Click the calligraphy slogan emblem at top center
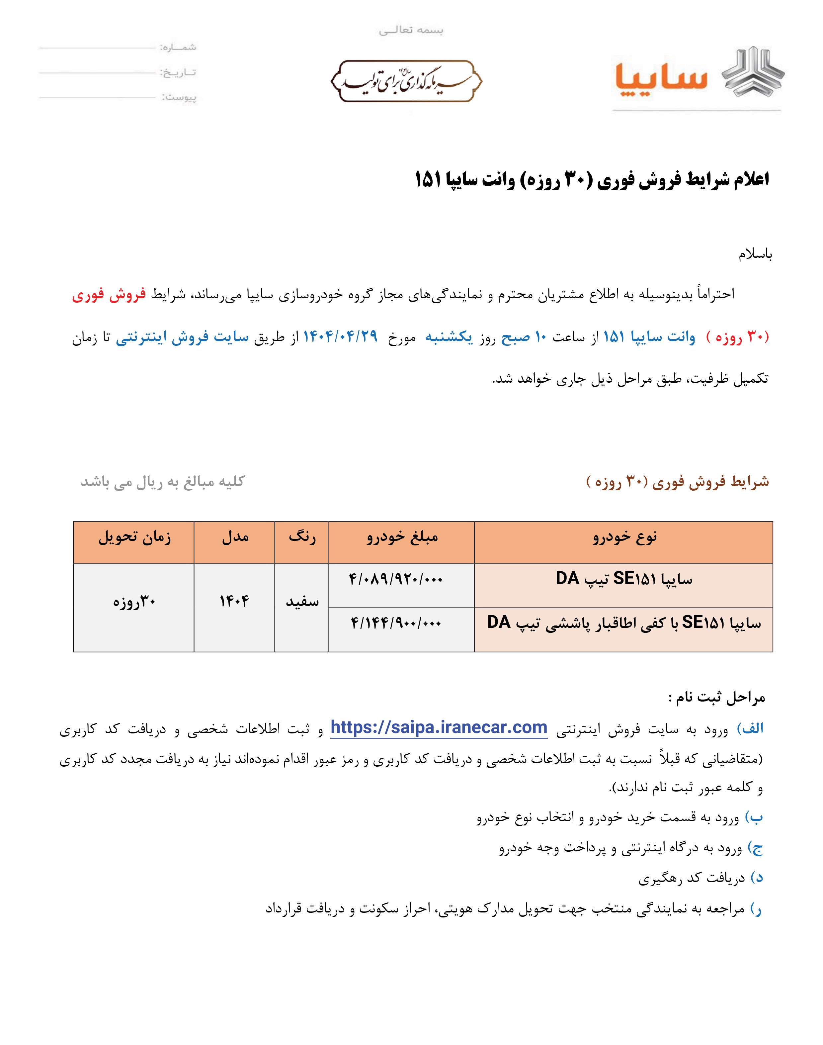(x=406, y=81)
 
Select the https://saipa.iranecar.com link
(x=439, y=727)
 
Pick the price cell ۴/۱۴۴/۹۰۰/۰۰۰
(x=396, y=623)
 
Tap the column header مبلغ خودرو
(x=402, y=537)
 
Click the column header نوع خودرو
(x=624, y=537)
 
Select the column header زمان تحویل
(x=134, y=537)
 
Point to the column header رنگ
(x=302, y=537)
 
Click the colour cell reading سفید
(x=302, y=602)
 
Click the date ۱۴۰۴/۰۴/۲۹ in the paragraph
(x=340, y=336)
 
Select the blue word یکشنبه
(x=449, y=337)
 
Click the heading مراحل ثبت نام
(x=716, y=697)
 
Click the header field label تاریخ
(x=178, y=73)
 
